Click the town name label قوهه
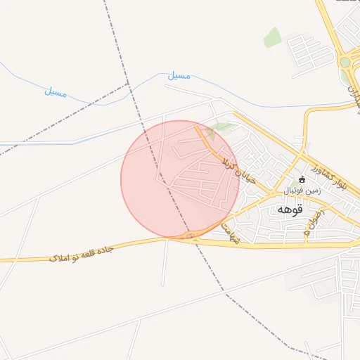click(290, 210)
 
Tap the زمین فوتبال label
click(302, 191)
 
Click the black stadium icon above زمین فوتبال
click(302, 179)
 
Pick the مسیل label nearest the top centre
click(179, 75)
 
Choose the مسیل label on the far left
click(56, 91)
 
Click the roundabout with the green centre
click(345, 62)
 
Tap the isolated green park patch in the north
click(272, 37)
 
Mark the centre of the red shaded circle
click(180, 179)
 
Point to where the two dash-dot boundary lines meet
click(129, 84)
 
